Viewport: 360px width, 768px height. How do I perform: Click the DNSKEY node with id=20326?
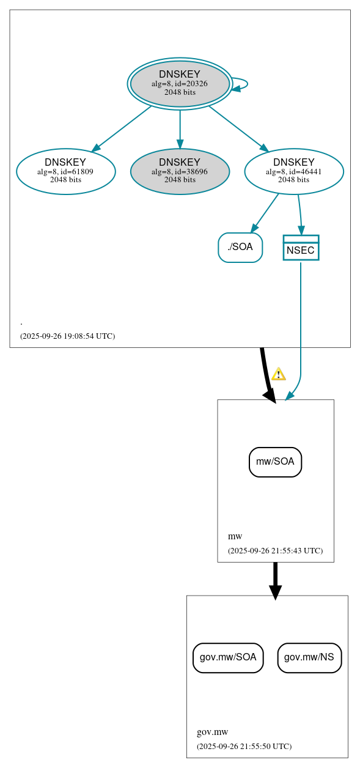pyautogui.click(x=180, y=84)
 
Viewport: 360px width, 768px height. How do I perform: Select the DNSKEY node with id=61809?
pyautogui.click(x=65, y=171)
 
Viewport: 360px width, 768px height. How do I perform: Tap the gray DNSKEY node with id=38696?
pyautogui.click(x=180, y=171)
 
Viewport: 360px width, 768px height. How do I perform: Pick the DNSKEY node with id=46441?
pyautogui.click(x=294, y=171)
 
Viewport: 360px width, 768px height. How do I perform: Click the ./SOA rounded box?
pyautogui.click(x=240, y=247)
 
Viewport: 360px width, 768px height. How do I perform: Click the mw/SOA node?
pyautogui.click(x=275, y=462)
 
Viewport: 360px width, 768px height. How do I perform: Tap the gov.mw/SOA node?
pyautogui.click(x=228, y=657)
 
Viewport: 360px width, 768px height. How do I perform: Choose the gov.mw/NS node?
pyautogui.click(x=309, y=657)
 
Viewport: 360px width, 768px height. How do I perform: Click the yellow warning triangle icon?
pyautogui.click(x=279, y=374)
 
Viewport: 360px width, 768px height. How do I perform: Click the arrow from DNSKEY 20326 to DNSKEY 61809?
pyautogui.click(x=122, y=128)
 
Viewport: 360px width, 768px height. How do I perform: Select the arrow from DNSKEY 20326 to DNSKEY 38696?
pyautogui.click(x=180, y=128)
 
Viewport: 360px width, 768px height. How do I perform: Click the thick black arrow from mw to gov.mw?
pyautogui.click(x=275, y=578)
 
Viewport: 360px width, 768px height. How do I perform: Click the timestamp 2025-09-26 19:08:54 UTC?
pyautogui.click(x=67, y=336)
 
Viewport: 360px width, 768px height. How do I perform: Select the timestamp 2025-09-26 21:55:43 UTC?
pyautogui.click(x=275, y=550)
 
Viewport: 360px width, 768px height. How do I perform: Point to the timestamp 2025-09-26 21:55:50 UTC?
pyautogui.click(x=244, y=746)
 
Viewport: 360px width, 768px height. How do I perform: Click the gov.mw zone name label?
pyautogui.click(x=212, y=732)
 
